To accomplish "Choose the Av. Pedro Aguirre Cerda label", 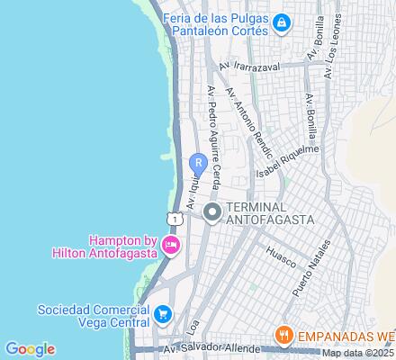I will pyautogui.click(x=213, y=135).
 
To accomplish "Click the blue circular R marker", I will pyautogui.click(x=197, y=164).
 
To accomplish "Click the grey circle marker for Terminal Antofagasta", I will pyautogui.click(x=212, y=213).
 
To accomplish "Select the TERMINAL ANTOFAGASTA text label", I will pyautogui.click(x=267, y=213).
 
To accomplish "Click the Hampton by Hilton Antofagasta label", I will pyautogui.click(x=122, y=246).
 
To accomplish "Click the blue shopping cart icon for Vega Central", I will pyautogui.click(x=163, y=314).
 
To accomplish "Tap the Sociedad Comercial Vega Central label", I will pyautogui.click(x=94, y=314).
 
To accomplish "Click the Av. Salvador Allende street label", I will pyautogui.click(x=202, y=350).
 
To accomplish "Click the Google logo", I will pyautogui.click(x=30, y=349).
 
